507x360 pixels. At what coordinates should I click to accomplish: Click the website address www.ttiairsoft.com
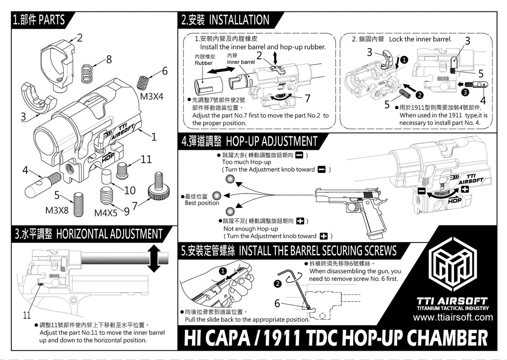pos(453,318)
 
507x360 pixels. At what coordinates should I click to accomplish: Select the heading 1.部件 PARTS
pos(39,20)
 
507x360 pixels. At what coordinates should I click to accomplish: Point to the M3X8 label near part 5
pos(57,210)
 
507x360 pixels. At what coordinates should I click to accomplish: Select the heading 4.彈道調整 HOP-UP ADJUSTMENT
pos(249,142)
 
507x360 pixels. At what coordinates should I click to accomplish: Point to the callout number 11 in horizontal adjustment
pos(27,315)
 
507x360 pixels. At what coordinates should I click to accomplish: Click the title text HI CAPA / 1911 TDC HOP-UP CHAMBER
pos(335,338)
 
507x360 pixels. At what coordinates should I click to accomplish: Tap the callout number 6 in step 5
pos(277,303)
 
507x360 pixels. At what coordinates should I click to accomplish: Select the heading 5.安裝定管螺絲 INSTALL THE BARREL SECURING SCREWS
pos(289,251)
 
